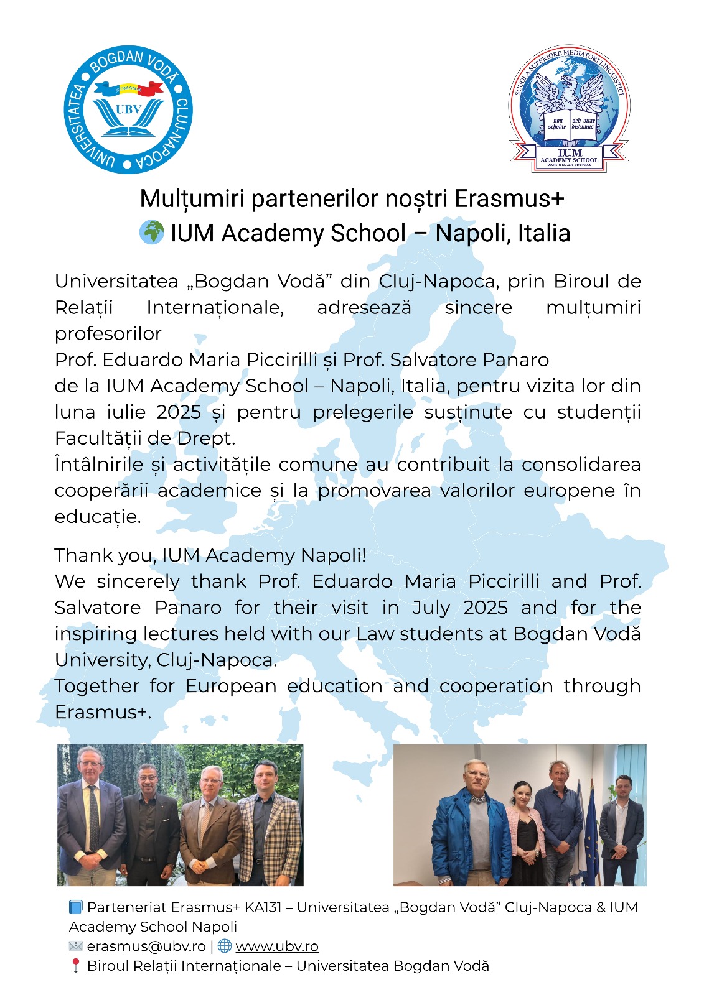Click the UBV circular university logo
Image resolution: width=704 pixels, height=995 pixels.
point(128,109)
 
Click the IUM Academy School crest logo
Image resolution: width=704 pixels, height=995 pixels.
point(569,109)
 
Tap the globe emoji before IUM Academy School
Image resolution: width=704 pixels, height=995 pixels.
point(151,233)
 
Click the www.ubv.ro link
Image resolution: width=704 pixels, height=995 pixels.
point(277,946)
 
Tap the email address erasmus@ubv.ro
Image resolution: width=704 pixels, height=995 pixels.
point(146,946)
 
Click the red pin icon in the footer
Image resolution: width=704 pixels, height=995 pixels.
point(76,966)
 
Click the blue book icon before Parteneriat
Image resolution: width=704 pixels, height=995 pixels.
point(76,907)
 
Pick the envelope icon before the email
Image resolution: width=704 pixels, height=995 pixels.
point(76,946)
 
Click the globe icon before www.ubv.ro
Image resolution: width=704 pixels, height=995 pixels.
point(225,946)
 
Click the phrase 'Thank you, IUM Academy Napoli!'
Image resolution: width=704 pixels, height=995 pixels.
point(210,555)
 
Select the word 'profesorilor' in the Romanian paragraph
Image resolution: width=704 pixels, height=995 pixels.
point(108,334)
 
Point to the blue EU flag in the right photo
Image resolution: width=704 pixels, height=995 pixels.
point(589,821)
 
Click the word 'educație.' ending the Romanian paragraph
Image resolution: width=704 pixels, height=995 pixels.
point(98,517)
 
